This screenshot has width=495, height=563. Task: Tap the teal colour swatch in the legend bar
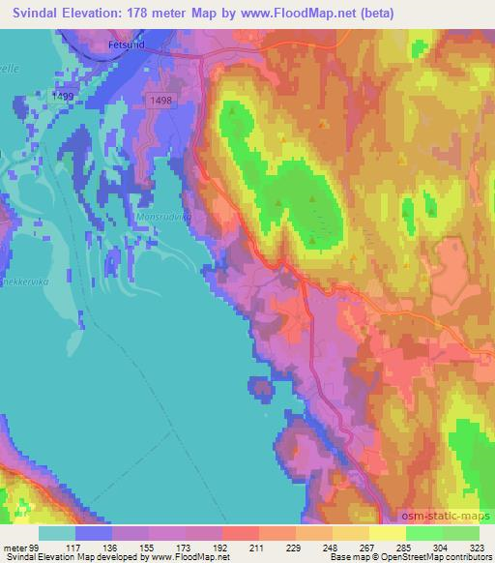point(57,533)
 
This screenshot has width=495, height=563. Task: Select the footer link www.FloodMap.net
point(189,557)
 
